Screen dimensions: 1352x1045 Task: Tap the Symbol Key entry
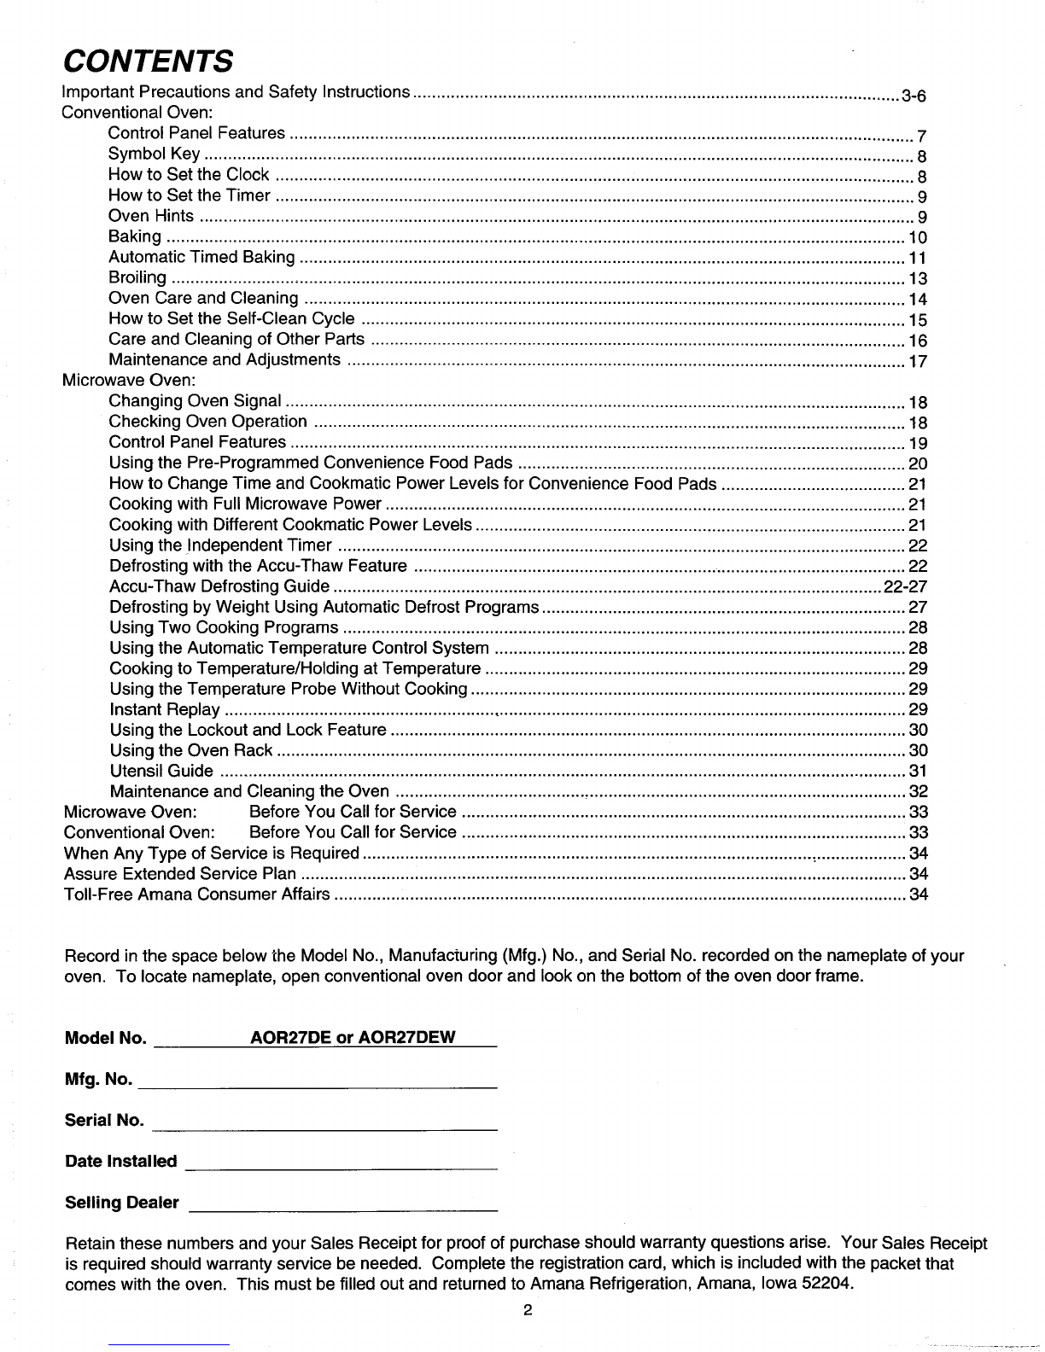(x=155, y=154)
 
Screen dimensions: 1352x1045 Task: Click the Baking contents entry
(x=135, y=236)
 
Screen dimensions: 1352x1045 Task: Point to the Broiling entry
(x=137, y=277)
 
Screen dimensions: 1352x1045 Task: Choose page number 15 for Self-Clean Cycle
(x=918, y=320)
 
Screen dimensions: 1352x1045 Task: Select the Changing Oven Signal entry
(x=196, y=400)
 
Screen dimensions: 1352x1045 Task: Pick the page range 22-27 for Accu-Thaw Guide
(x=905, y=586)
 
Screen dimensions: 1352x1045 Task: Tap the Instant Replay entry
(x=166, y=709)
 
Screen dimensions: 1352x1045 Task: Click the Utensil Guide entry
(x=161, y=771)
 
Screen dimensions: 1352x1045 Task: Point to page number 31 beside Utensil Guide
(x=919, y=772)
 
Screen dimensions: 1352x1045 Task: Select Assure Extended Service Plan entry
(x=181, y=873)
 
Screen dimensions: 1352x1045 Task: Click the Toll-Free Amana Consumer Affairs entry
(x=197, y=894)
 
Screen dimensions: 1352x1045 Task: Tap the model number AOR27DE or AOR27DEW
(x=353, y=1037)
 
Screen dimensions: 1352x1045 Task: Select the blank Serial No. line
(x=323, y=1127)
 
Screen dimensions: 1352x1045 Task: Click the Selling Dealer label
(x=122, y=1203)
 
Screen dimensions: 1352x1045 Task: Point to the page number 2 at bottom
(x=528, y=1311)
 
